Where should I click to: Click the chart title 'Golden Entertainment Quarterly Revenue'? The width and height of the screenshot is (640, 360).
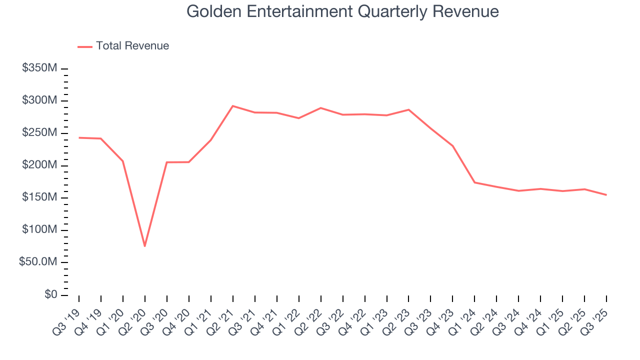[x=342, y=11]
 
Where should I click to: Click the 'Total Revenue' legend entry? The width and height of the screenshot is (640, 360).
[x=132, y=46]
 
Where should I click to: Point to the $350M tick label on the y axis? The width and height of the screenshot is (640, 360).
[x=39, y=68]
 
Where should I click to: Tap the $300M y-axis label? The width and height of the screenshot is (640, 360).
[x=39, y=100]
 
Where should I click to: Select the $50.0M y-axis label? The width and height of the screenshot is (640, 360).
[x=38, y=262]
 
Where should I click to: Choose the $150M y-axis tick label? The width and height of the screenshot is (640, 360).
[x=39, y=198]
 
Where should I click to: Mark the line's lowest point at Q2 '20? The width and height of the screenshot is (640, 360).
[x=144, y=246]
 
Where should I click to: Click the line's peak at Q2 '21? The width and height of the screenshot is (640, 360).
[x=232, y=106]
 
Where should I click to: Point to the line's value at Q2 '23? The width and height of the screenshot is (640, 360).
[x=408, y=109]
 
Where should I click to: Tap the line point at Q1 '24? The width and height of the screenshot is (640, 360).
[x=474, y=182]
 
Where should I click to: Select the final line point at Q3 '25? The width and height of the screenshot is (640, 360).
[x=606, y=195]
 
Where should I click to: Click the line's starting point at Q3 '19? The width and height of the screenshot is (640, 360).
[x=79, y=137]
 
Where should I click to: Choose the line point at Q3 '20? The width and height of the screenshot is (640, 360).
[x=166, y=162]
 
